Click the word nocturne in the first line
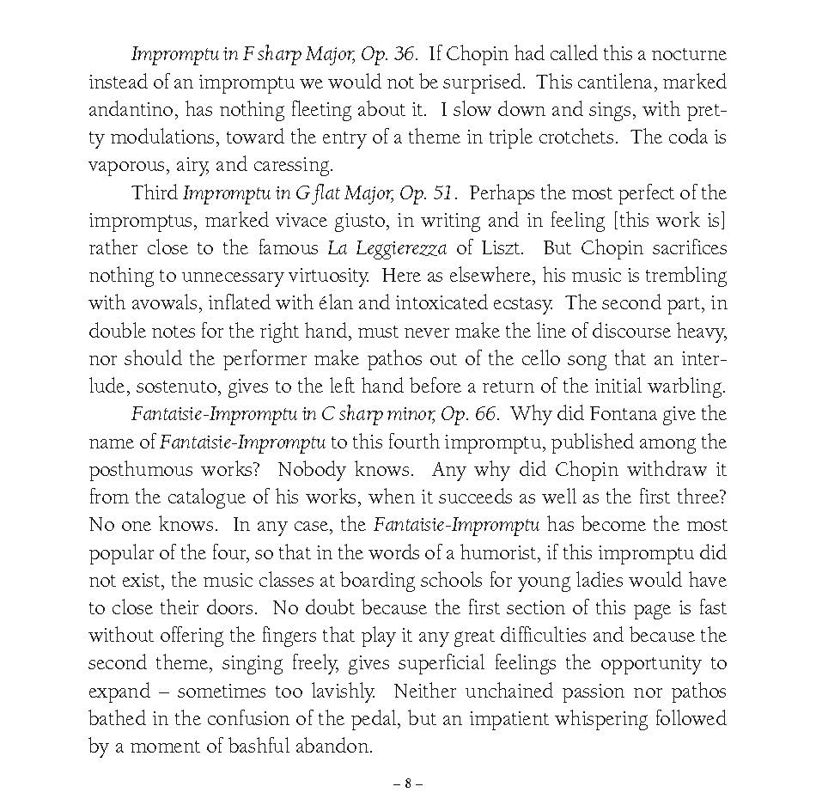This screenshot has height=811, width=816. coord(685,54)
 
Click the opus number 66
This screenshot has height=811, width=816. coord(484,413)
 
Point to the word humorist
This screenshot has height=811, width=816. coord(465,552)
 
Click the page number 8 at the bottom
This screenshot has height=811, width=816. coord(408,784)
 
